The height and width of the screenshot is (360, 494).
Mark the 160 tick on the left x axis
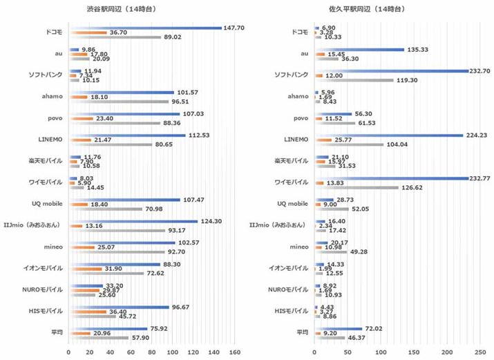[236, 352]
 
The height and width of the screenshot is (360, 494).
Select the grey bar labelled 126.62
[357, 187]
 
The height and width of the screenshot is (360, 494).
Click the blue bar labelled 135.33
[359, 49]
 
